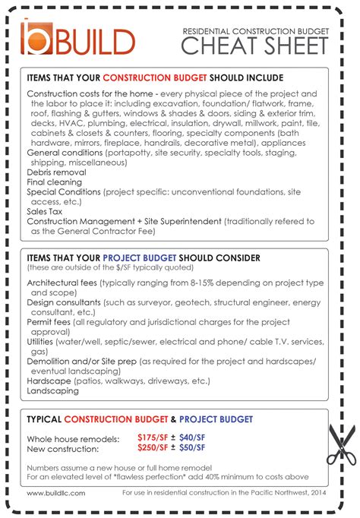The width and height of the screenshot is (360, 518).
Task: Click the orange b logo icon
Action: tap(36, 38)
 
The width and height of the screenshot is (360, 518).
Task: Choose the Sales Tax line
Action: tap(46, 212)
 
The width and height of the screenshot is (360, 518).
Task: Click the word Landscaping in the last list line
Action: tap(52, 390)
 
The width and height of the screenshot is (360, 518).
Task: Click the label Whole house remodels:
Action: tap(73, 439)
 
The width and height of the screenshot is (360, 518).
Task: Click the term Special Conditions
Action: tap(63, 192)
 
